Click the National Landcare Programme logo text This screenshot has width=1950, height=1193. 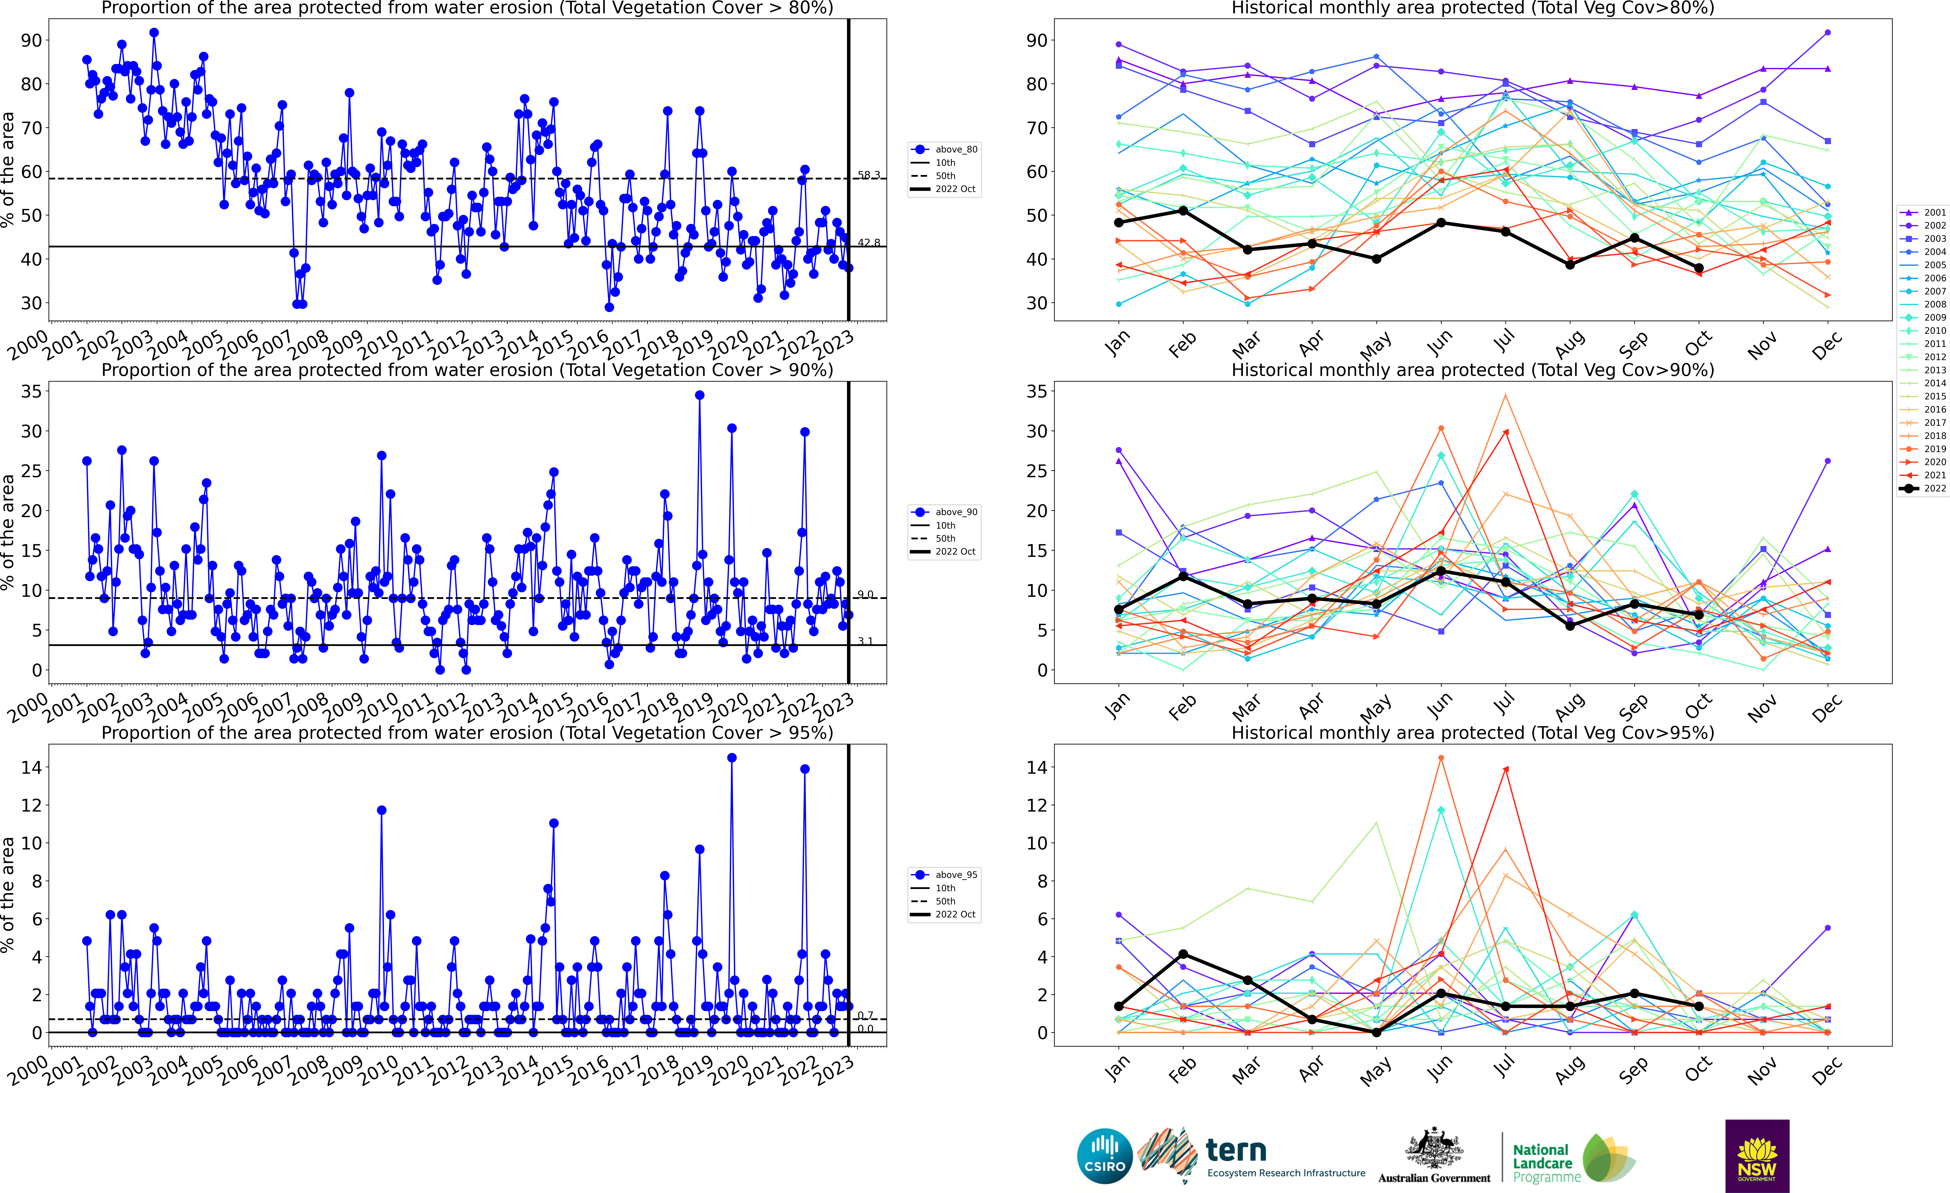[1541, 1163]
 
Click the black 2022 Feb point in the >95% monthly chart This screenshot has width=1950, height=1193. [1183, 954]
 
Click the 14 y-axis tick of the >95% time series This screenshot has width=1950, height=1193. [32, 767]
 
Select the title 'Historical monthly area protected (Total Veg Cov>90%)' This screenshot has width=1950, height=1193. [1473, 370]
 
